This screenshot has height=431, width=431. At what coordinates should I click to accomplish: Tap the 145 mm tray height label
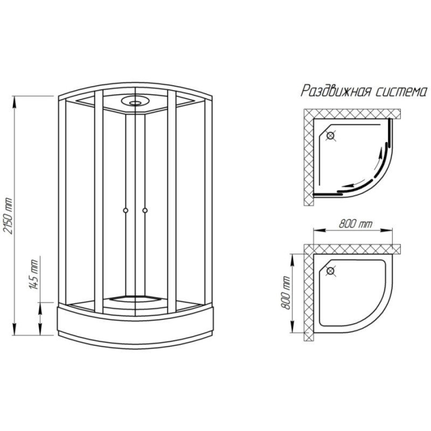[x=34, y=274]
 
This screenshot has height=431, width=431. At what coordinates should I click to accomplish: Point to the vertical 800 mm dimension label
[x=286, y=293]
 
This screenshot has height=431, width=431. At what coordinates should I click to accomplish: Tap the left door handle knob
[x=126, y=211]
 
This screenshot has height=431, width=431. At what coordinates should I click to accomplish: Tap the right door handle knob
[x=145, y=211]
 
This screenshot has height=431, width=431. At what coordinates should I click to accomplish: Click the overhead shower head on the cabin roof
[x=135, y=101]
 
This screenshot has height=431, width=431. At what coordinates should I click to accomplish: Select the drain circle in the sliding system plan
[x=330, y=136]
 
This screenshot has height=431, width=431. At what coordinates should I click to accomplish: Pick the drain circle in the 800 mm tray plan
[x=330, y=272]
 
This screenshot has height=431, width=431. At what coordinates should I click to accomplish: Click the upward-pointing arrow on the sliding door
[x=380, y=159]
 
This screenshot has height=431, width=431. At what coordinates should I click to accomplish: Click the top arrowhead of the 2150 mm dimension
[x=14, y=100]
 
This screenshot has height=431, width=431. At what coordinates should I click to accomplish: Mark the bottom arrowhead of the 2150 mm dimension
[x=14, y=330]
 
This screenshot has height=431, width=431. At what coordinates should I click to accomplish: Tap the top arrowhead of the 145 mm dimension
[x=40, y=307]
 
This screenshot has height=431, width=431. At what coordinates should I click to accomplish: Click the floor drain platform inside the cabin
[x=135, y=298]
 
